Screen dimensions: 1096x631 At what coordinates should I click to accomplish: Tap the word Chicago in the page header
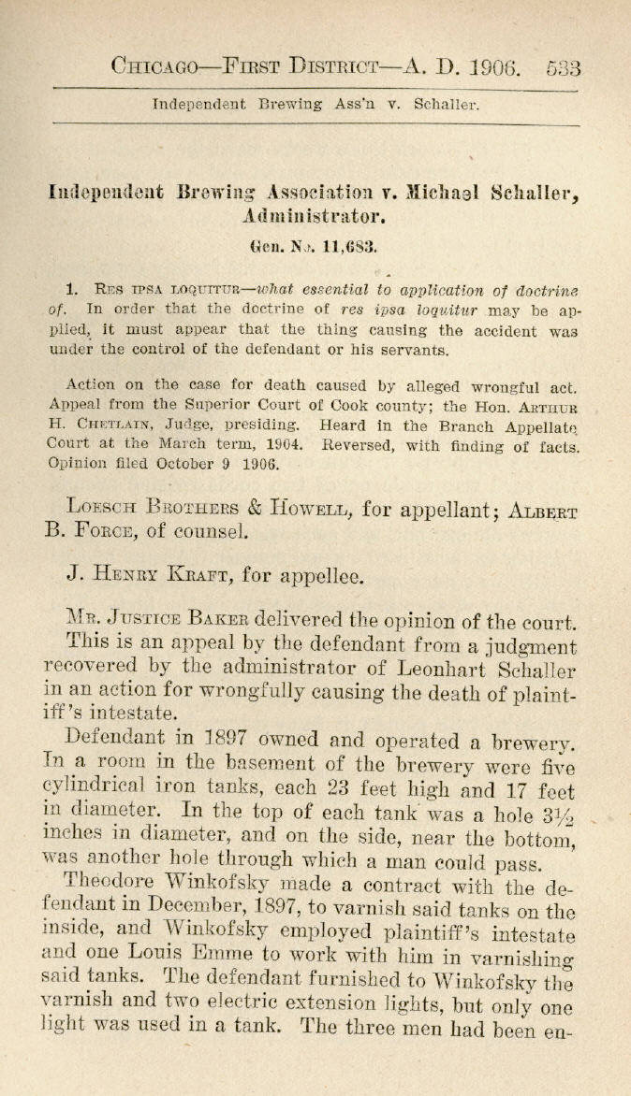coord(154,66)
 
